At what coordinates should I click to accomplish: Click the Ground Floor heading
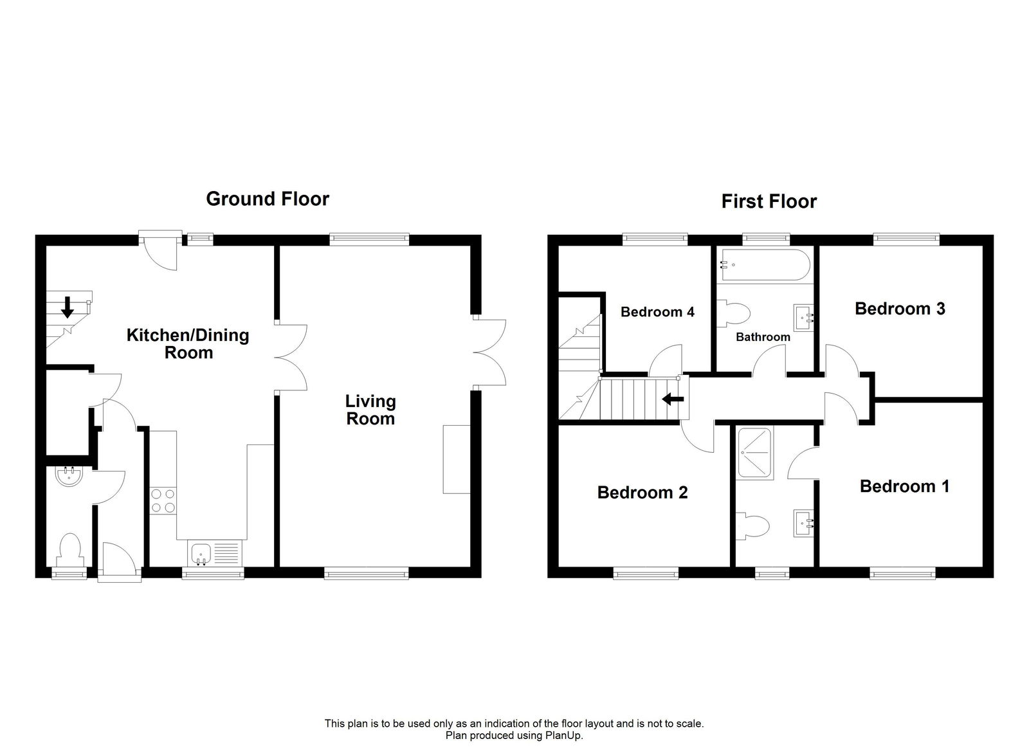(x=267, y=199)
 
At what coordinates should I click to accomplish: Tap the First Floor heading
(x=769, y=201)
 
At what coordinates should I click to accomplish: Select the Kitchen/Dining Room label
(x=188, y=343)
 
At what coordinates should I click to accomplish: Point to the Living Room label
(x=370, y=410)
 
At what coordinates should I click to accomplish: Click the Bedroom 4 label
(x=657, y=312)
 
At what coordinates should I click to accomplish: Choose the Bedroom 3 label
(x=899, y=309)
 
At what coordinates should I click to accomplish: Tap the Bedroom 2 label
(x=642, y=493)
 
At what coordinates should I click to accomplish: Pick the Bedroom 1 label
(x=904, y=486)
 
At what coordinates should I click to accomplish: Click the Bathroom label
(x=763, y=337)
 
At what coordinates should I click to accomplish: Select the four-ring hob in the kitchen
(x=163, y=501)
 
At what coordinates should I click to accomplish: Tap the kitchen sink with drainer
(x=215, y=553)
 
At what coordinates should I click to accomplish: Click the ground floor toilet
(x=69, y=550)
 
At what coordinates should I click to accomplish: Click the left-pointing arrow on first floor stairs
(x=673, y=399)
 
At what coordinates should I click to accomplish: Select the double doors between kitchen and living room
(x=291, y=358)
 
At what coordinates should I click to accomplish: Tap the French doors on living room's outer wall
(x=490, y=351)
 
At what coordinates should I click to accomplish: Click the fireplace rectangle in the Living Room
(x=456, y=459)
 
